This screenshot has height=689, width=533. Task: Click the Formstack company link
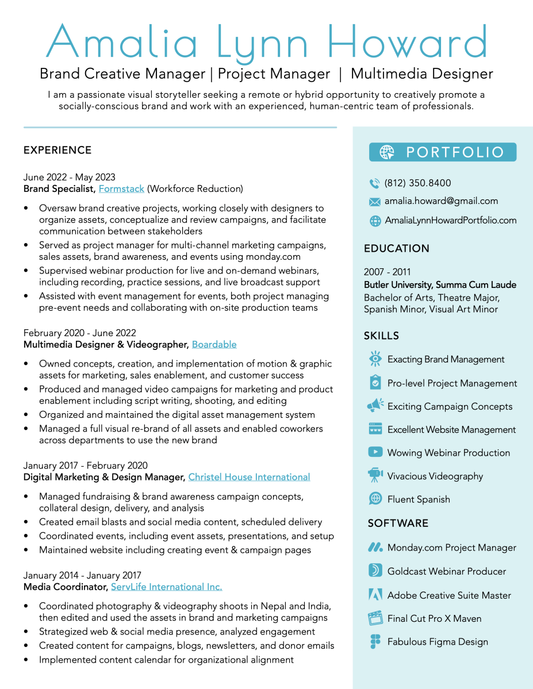pos(121,188)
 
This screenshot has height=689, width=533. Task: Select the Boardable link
pos(214,344)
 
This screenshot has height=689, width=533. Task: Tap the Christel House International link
pos(249,477)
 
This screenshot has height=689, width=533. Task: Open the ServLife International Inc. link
pos(166,587)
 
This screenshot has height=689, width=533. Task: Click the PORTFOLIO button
pos(443,152)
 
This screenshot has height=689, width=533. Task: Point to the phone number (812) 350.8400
pos(417,183)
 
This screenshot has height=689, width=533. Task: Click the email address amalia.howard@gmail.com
pos(441,201)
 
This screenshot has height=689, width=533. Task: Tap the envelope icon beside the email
pos(375,202)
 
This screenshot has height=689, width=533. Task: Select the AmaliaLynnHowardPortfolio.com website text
pos(450,220)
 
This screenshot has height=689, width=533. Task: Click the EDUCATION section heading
pos(397,248)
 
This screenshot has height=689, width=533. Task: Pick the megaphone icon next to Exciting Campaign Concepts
pos(375,406)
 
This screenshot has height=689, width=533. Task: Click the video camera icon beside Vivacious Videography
pos(375,476)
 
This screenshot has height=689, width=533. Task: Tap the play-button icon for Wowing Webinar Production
pos(375,452)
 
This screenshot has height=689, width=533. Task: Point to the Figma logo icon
pos(375,642)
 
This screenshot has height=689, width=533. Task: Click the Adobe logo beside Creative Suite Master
pos(375,595)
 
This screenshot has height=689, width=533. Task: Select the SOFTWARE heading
pos(398,523)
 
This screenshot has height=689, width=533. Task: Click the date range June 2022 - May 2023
pos(70,177)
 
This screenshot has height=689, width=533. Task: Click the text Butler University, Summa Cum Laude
pos(440,285)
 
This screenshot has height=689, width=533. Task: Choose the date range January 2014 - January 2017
pos(82,575)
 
